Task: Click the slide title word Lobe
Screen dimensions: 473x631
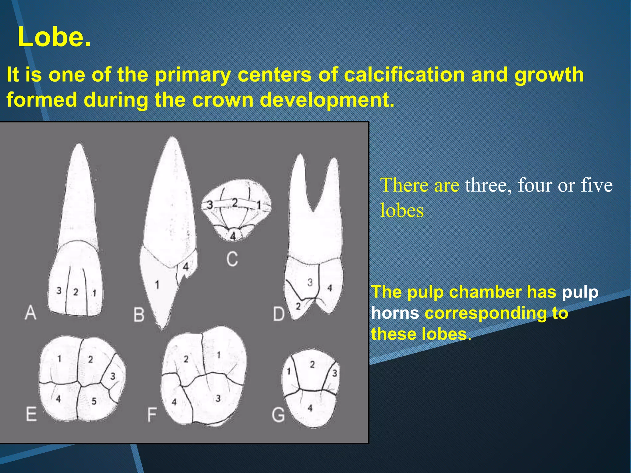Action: pyautogui.click(x=54, y=37)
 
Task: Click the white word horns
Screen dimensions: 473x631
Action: pyautogui.click(x=395, y=313)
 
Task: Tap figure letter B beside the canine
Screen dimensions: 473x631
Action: pyautogui.click(x=139, y=315)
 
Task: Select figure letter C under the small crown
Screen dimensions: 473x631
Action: pyautogui.click(x=232, y=259)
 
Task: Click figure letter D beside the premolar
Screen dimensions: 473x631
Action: pyautogui.click(x=279, y=314)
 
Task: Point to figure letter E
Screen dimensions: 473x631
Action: pyautogui.click(x=31, y=414)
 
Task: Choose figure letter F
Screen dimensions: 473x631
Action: pyautogui.click(x=152, y=414)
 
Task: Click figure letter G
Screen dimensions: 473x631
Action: pyautogui.click(x=278, y=414)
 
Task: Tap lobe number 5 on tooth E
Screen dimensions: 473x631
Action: pyautogui.click(x=94, y=401)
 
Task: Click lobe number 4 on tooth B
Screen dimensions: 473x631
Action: pyautogui.click(x=185, y=267)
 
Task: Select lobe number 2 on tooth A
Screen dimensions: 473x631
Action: pyautogui.click(x=75, y=292)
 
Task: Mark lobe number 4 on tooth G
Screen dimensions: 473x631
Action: pyautogui.click(x=310, y=408)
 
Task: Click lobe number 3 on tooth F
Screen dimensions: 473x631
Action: pyautogui.click(x=218, y=398)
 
